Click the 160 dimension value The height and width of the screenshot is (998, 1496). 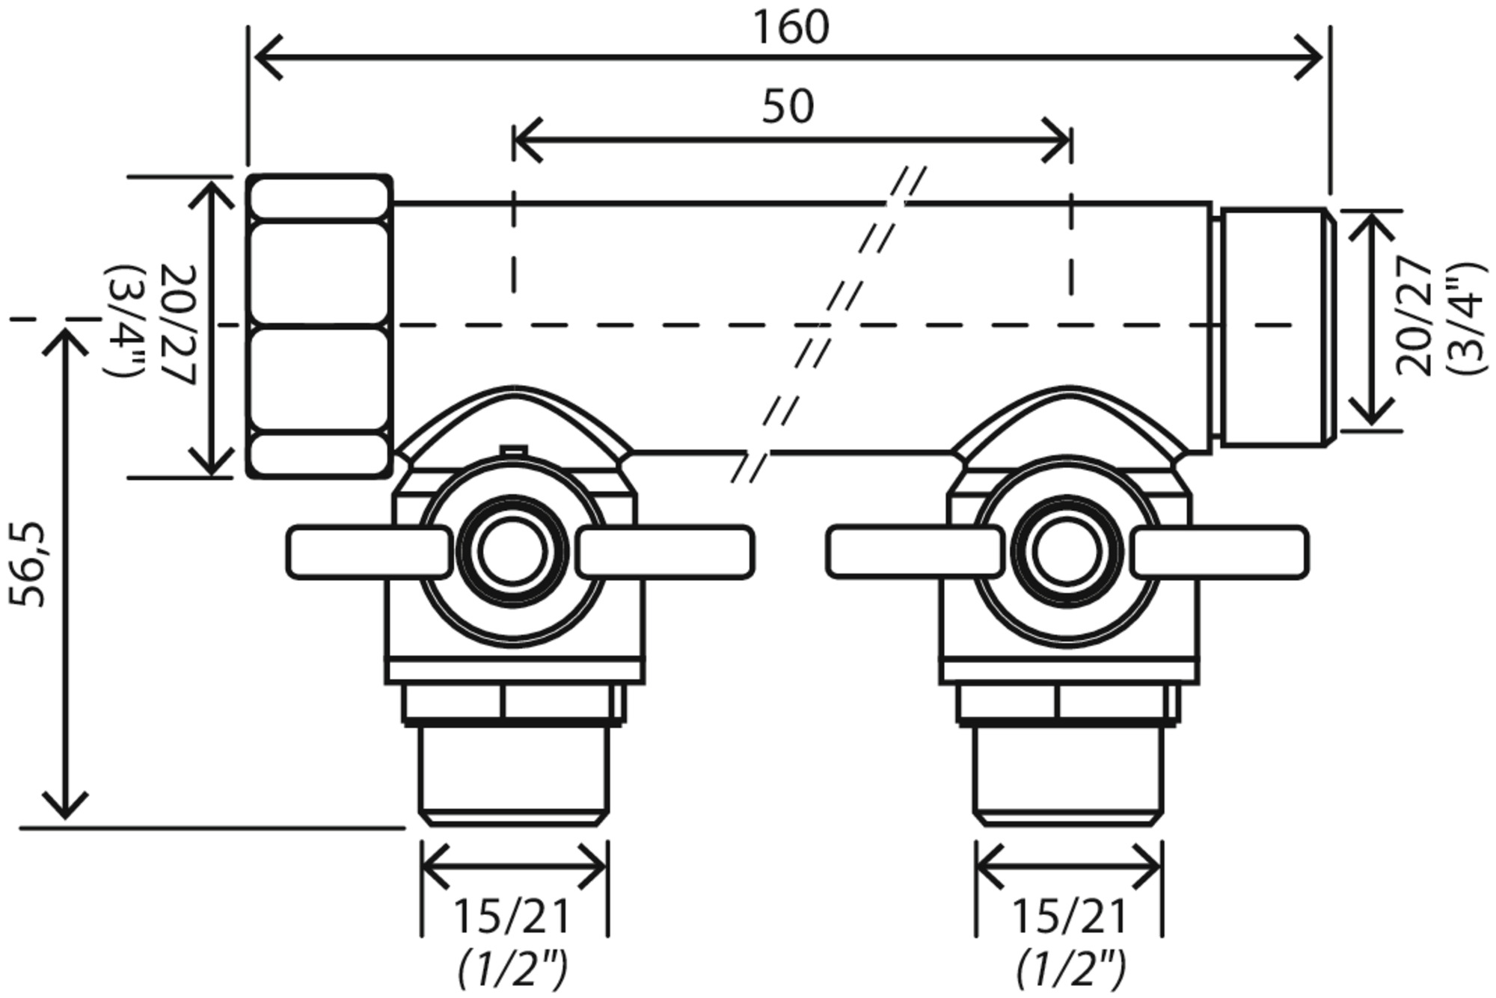(791, 28)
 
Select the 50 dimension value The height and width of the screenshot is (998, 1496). (788, 107)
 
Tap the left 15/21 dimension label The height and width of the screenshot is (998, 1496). (512, 917)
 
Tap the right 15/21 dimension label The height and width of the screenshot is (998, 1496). (1069, 917)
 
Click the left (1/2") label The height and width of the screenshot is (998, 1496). (513, 969)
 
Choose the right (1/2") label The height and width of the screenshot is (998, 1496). (1070, 969)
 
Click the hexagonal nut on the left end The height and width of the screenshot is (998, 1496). (319, 326)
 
